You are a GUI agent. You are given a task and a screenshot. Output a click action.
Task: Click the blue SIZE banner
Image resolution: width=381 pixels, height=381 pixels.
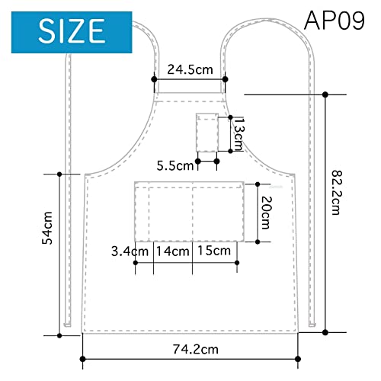(72, 32)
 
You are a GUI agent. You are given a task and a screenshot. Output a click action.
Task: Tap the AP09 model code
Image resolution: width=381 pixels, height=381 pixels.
(335, 21)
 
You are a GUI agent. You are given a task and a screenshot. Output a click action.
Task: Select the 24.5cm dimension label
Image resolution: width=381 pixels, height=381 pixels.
(190, 69)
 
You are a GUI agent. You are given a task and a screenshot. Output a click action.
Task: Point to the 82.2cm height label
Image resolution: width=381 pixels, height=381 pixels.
(338, 193)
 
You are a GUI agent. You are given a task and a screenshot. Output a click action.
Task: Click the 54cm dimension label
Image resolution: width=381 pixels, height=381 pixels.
(47, 228)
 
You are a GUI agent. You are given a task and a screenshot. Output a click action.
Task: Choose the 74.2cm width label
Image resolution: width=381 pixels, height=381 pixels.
(196, 349)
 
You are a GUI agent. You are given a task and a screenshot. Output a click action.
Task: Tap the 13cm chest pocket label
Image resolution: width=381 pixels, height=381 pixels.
(238, 134)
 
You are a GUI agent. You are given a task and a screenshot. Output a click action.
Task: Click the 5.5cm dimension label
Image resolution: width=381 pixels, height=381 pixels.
(175, 166)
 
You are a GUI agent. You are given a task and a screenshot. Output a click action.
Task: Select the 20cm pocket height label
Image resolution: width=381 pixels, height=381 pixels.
(267, 213)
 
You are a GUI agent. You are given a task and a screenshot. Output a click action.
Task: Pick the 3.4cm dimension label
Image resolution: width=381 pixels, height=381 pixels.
(130, 251)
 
